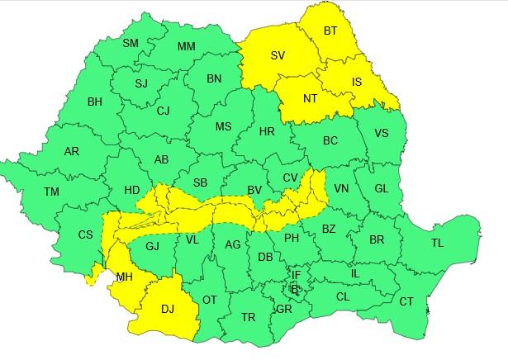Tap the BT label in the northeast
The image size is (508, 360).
(330, 31)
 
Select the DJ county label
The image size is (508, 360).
(168, 309)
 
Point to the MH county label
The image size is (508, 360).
(124, 277)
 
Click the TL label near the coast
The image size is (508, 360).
(437, 243)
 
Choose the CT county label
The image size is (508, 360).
(406, 301)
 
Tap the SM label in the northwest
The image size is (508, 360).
(131, 43)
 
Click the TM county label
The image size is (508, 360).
(52, 192)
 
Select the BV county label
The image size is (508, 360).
(254, 190)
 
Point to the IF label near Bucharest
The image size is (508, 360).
(296, 275)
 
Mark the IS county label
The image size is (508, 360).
(357, 82)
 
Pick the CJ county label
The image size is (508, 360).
(164, 110)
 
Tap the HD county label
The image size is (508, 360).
(131, 189)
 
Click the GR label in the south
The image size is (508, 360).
(283, 310)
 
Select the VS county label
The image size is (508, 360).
(382, 133)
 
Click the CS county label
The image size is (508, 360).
(85, 234)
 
